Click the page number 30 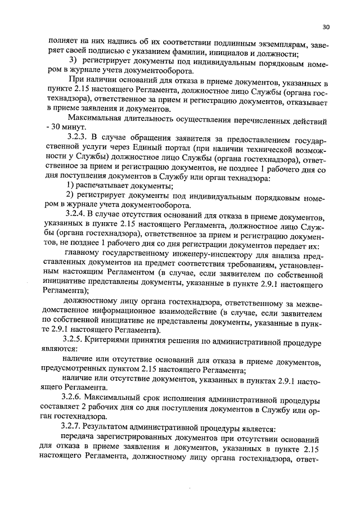[x=326, y=26]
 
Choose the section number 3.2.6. [x=78, y=400]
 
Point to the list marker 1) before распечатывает [x=71, y=187]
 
